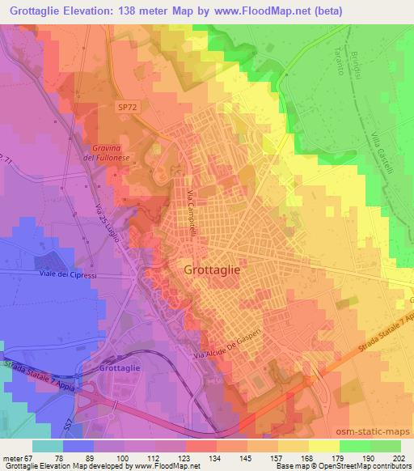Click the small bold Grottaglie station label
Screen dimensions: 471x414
click(120, 368)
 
